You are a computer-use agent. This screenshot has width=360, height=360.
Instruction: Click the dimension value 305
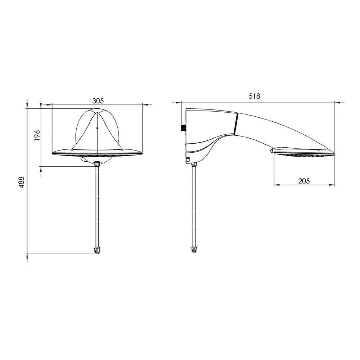(x=98, y=101)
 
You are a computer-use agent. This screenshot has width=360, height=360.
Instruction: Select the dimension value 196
(x=37, y=135)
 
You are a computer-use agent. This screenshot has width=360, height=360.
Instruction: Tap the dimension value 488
(x=21, y=182)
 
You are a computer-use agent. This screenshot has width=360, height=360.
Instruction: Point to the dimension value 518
(x=255, y=96)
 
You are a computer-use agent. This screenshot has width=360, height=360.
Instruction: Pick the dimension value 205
(x=304, y=181)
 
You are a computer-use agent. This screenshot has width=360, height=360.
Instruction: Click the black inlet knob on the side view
(x=184, y=128)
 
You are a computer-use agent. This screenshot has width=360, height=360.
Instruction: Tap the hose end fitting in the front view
(x=97, y=250)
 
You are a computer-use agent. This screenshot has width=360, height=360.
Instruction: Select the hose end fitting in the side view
(x=194, y=249)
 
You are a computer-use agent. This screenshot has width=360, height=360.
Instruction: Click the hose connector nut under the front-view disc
(x=97, y=164)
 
